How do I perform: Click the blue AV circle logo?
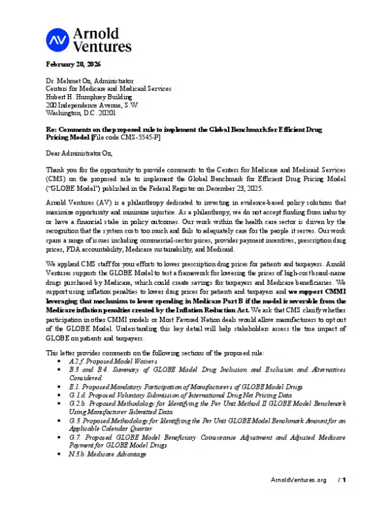[57, 40]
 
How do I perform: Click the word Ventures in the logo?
[103, 46]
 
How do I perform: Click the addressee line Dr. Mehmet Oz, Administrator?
[90, 80]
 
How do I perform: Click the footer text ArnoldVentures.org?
[298, 499]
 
